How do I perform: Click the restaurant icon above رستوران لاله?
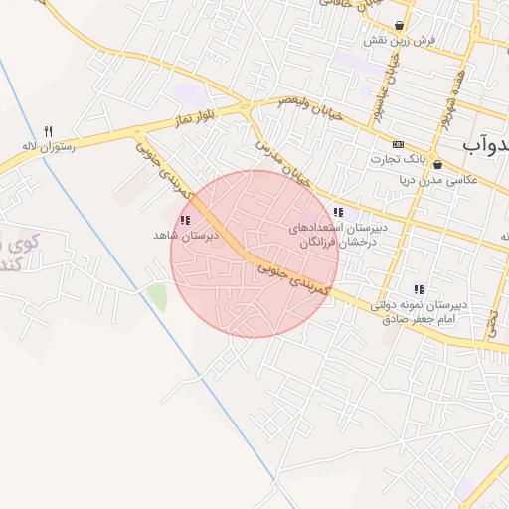click(x=48, y=130)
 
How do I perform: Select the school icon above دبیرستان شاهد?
click(x=184, y=220)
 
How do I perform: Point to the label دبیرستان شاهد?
click(x=185, y=236)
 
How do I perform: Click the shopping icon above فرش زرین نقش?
click(x=399, y=25)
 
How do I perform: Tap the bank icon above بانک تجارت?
click(x=399, y=144)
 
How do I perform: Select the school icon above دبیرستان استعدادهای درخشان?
click(x=338, y=212)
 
